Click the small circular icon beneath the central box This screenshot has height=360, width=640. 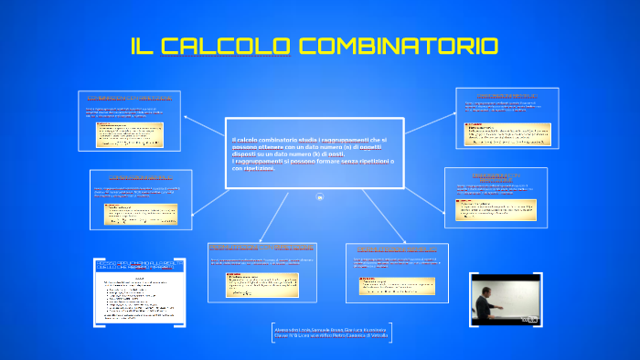click(x=320, y=197)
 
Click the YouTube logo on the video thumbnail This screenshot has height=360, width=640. click(x=529, y=318)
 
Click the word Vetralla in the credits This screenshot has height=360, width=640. click(x=377, y=336)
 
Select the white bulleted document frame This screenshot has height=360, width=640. click(x=139, y=291)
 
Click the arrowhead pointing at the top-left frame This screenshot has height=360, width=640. click(x=186, y=116)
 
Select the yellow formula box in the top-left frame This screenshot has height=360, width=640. click(x=135, y=135)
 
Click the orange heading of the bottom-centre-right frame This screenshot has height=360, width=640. click(x=396, y=249)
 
